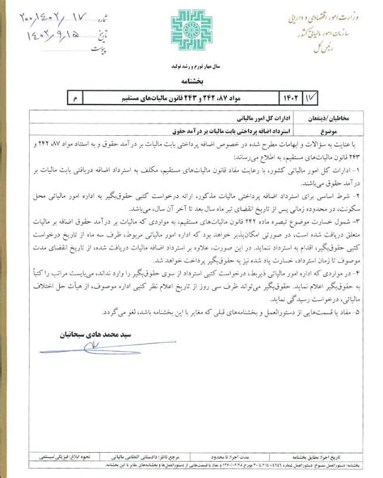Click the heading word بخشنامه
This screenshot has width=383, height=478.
(191, 82)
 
